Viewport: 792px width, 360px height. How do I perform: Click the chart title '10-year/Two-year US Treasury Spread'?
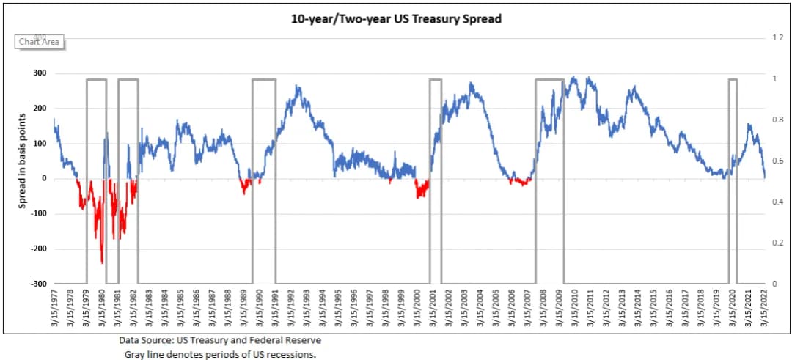tap(396, 19)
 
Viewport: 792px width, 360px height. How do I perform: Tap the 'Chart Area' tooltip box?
tap(39, 42)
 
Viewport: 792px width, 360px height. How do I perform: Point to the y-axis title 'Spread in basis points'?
tap(23, 162)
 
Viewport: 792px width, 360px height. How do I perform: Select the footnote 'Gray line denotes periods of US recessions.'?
tap(220, 354)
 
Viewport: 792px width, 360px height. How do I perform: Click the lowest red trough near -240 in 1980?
tap(101, 262)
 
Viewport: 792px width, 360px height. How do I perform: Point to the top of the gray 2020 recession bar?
tap(732, 79)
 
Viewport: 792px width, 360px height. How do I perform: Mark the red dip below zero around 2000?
tap(420, 193)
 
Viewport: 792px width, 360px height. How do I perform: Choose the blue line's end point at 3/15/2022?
tap(764, 177)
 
